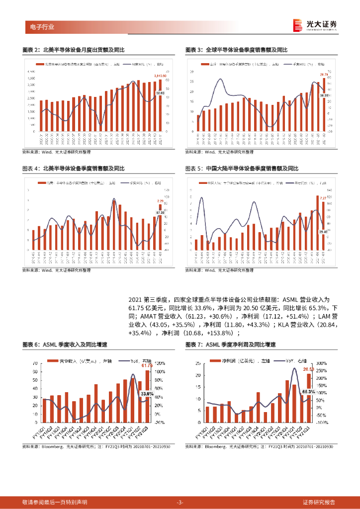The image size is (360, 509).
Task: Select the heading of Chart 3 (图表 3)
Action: click(x=237, y=50)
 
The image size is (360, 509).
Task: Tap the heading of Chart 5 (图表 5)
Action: click(x=242, y=169)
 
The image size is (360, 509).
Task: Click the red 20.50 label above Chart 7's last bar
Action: click(x=309, y=369)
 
